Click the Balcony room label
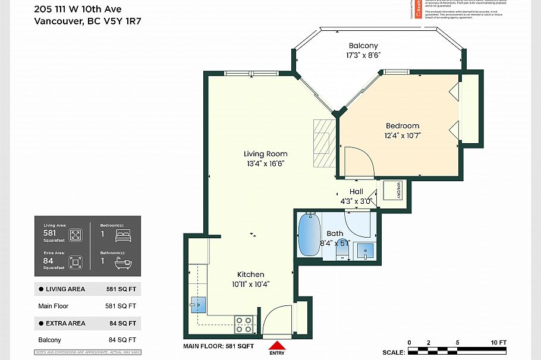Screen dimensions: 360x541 363,46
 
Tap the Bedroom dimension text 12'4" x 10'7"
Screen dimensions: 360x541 402,135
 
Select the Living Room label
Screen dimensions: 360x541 266,154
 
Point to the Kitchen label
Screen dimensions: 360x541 250,274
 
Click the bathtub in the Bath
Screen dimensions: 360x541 309,235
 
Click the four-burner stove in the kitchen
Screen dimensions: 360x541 243,324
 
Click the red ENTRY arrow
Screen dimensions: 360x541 277,345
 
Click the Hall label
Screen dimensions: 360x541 356,191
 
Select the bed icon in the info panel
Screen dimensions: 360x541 122,235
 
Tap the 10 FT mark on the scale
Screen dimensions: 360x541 498,343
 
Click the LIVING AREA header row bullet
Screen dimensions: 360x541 40,289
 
